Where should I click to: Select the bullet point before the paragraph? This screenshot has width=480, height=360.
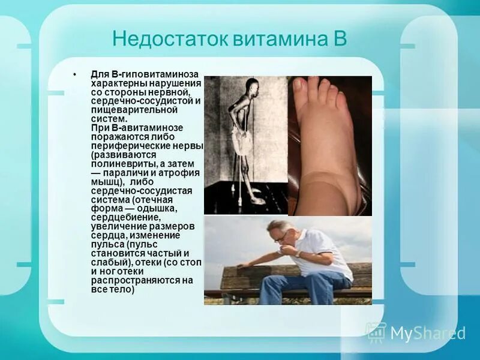(76, 74)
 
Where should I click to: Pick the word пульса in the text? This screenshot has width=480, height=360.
(109, 245)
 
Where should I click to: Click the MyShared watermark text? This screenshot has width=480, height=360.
(427, 333)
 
